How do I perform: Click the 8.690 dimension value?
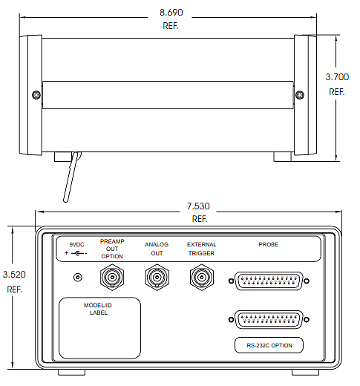pyautogui.click(x=171, y=13)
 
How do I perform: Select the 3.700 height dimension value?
pyautogui.click(x=337, y=77)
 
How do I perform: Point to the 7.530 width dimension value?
pyautogui.click(x=198, y=206)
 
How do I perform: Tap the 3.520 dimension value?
pyautogui.click(x=14, y=275)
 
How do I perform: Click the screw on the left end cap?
pyautogui.click(x=36, y=95)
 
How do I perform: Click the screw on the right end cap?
pyautogui.click(x=300, y=95)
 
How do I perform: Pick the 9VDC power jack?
pyautogui.click(x=78, y=277)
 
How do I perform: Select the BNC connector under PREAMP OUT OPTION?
pyautogui.click(x=112, y=277)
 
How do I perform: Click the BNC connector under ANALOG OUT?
pyautogui.click(x=157, y=277)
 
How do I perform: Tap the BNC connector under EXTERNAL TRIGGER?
pyautogui.click(x=202, y=277)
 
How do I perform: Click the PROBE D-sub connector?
pyautogui.click(x=269, y=281)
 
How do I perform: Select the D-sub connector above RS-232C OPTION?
pyautogui.click(x=269, y=319)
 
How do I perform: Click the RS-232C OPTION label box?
pyautogui.click(x=269, y=345)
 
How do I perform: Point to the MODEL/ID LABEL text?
pyautogui.click(x=98, y=309)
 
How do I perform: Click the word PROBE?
pyautogui.click(x=269, y=244)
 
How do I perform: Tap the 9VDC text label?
pyautogui.click(x=76, y=244)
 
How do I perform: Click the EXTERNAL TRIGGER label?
pyautogui.click(x=201, y=249)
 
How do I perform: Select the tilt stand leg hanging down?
pyautogui.click(x=71, y=177)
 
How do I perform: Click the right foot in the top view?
pyautogui.click(x=282, y=157)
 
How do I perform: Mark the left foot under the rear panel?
pyautogui.click(x=72, y=373)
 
